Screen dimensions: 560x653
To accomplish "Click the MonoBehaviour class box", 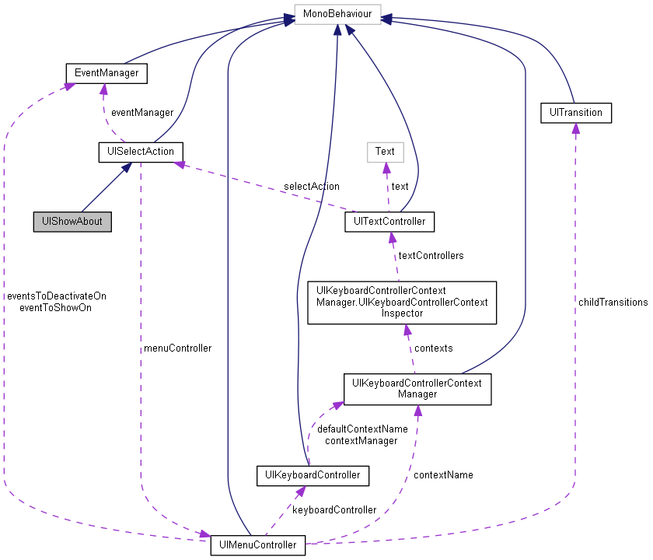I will click(337, 15).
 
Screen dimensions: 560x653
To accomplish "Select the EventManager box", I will click(107, 74).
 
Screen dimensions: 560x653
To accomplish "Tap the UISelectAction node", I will click(141, 152).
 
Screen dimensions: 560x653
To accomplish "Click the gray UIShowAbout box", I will click(72, 222).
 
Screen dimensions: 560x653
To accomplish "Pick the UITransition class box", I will click(575, 113).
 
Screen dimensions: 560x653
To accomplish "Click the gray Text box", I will click(385, 152).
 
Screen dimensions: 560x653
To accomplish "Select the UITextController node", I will click(389, 222).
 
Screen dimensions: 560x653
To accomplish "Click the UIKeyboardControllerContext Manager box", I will click(417, 389).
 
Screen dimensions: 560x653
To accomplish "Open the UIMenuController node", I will click(258, 545).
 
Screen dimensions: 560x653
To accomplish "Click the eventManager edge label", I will click(141, 113).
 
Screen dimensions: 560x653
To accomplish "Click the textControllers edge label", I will click(431, 255).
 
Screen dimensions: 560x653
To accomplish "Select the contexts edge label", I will click(434, 348).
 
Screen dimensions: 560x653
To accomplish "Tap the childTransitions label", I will click(613, 302).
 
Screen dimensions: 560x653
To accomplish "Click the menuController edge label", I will click(177, 348).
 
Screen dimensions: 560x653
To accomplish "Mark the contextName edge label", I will click(443, 474).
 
